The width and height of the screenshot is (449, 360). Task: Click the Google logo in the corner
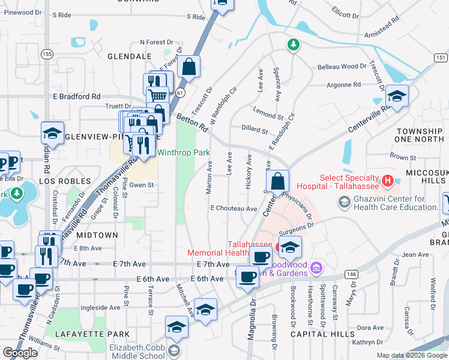(x=20, y=353)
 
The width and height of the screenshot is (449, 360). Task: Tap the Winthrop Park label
(x=184, y=153)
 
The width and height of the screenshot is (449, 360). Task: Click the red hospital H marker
(x=388, y=180)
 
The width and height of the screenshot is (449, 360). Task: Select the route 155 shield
(x=47, y=54)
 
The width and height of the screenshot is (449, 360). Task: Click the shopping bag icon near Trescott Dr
(x=188, y=68)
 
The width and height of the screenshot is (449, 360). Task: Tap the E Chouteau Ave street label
(x=234, y=208)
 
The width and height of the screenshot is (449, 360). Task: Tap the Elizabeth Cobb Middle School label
(x=136, y=351)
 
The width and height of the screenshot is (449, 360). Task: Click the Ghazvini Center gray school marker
(x=344, y=203)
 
